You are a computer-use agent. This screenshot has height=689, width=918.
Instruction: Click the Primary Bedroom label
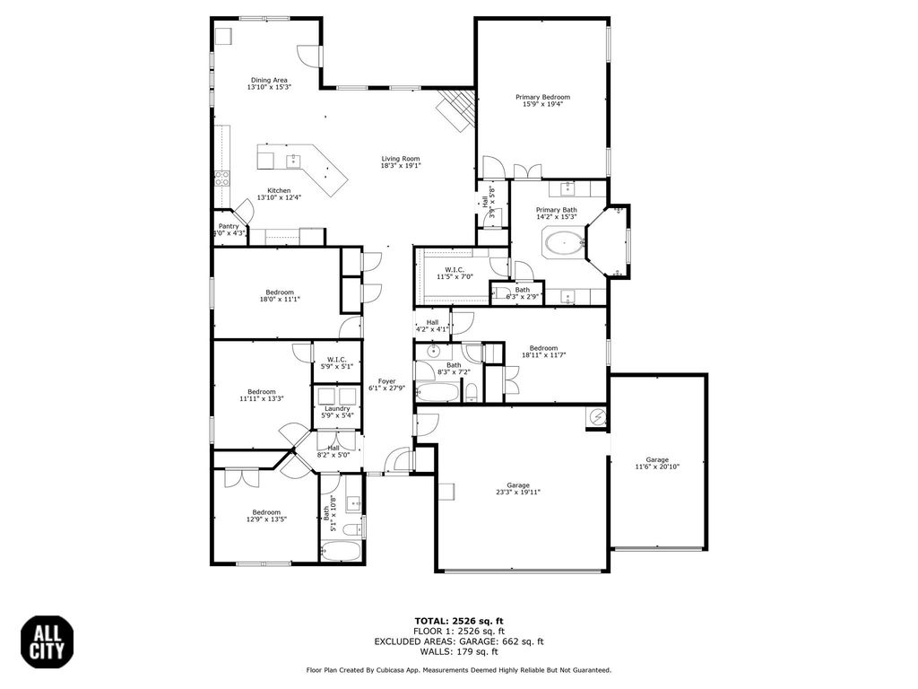pyautogui.click(x=542, y=97)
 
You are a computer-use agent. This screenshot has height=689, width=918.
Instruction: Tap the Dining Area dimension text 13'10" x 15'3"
pyautogui.click(x=269, y=87)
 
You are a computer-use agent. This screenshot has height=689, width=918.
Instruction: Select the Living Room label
pyautogui.click(x=401, y=159)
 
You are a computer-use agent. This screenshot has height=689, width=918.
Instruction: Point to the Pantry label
pyautogui.click(x=229, y=226)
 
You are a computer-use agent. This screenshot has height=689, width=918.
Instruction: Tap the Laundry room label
pyautogui.click(x=337, y=408)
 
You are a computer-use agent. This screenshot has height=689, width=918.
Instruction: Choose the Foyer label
pyautogui.click(x=386, y=380)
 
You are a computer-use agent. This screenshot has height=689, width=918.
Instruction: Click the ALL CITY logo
pyautogui.click(x=48, y=642)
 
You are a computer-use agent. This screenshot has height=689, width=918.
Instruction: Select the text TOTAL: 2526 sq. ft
pyautogui.click(x=459, y=621)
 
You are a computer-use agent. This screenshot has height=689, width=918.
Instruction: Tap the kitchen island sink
pyautogui.click(x=293, y=160)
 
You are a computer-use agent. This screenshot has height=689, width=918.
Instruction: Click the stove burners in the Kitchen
pyautogui.click(x=221, y=179)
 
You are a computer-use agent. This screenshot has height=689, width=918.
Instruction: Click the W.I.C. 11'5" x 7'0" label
pyautogui.click(x=455, y=273)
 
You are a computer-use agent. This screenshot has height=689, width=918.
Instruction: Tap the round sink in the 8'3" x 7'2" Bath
pyautogui.click(x=433, y=352)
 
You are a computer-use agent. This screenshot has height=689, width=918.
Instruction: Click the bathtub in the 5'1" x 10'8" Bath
pyautogui.click(x=340, y=552)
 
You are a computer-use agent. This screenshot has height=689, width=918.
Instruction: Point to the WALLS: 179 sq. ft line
pyautogui.click(x=459, y=651)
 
